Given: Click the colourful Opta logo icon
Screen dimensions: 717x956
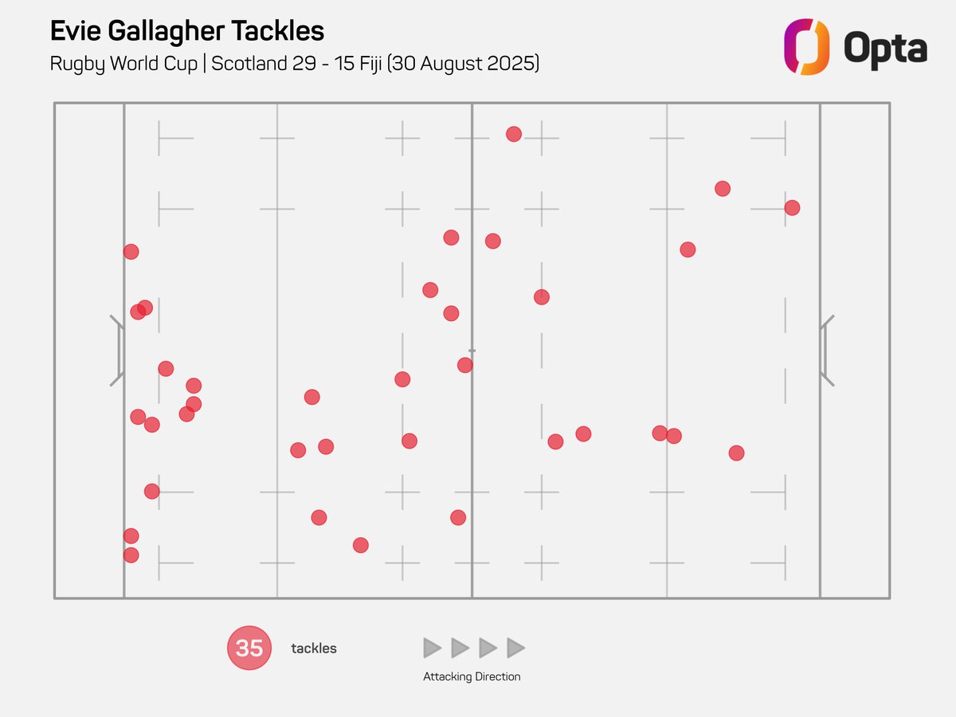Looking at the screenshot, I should click(806, 47).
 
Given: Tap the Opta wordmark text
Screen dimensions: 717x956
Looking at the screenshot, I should click(885, 49).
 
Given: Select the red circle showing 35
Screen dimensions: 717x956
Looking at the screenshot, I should click(249, 648).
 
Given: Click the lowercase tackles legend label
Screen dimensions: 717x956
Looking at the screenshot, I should click(314, 648).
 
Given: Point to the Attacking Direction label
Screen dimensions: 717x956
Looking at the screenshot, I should click(472, 676).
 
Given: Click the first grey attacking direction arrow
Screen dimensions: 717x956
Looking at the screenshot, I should click(432, 648).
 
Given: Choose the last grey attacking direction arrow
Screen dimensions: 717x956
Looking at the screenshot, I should click(515, 648).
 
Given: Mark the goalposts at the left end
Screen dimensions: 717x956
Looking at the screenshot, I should click(117, 351).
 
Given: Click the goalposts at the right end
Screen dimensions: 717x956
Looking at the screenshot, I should click(826, 351).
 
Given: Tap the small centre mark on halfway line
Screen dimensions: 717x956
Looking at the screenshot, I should click(472, 351).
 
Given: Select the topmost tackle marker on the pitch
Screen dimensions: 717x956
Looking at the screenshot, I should click(514, 134).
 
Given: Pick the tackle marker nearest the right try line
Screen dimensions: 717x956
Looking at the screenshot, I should click(792, 208).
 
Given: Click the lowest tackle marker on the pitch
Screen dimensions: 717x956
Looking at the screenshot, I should click(131, 555).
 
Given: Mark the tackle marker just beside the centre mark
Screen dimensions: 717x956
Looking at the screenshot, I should click(465, 365).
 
